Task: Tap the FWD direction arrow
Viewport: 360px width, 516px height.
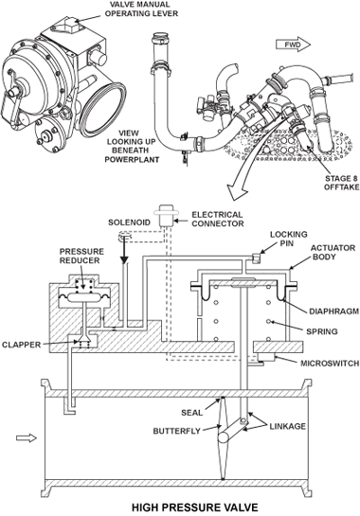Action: click(x=290, y=44)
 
